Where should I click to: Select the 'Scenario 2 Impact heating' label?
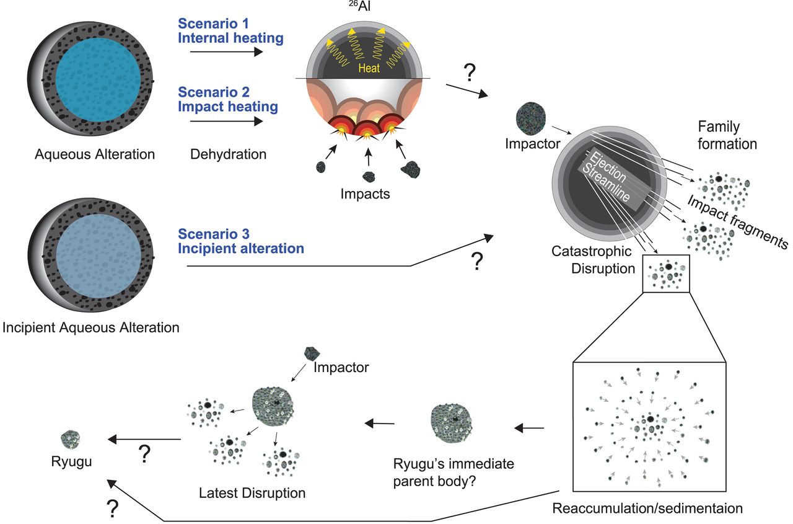(227, 99)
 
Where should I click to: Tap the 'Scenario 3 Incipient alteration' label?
(241, 242)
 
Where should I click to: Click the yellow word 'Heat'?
(369, 69)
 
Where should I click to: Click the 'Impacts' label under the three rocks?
(366, 194)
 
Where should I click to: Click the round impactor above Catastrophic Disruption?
(531, 118)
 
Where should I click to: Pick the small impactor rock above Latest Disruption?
(312, 353)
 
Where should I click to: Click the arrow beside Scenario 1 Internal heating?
(226, 52)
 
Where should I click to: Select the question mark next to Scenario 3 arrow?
(476, 262)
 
